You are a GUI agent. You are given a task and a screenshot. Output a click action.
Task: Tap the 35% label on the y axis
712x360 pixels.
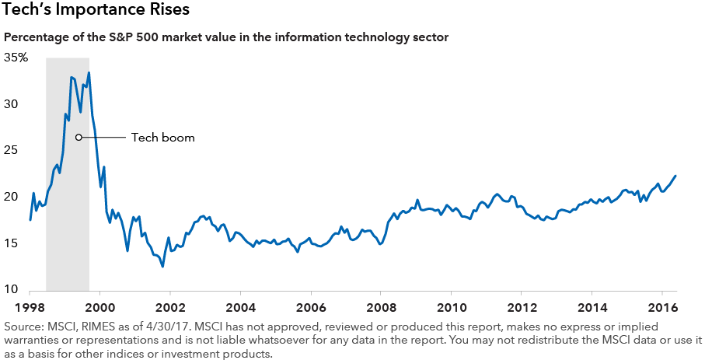coord(16,58)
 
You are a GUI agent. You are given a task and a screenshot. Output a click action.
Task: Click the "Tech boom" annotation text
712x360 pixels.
coord(162,138)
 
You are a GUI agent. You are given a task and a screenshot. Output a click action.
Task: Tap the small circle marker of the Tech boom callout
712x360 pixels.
coord(79,138)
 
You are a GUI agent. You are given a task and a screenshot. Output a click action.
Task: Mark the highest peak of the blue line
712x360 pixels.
coord(89,72)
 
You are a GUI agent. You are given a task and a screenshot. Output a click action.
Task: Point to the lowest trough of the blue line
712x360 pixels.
coord(162,267)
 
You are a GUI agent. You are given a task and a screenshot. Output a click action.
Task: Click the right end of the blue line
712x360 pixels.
coord(675,176)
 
